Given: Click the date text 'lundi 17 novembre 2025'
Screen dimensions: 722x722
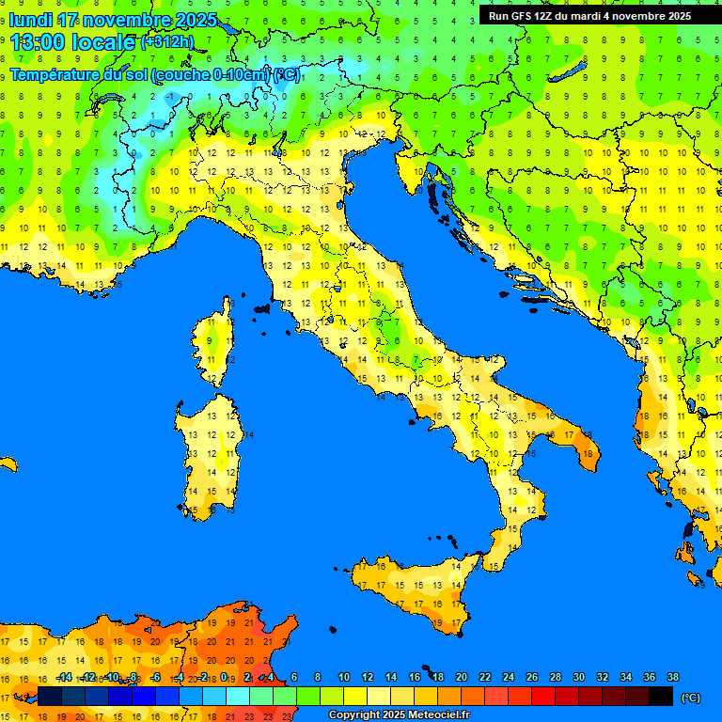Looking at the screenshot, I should (x=113, y=20).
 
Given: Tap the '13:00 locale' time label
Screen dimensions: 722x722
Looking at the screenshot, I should (x=71, y=41).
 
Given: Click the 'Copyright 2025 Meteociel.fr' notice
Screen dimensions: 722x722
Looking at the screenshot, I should (x=399, y=714).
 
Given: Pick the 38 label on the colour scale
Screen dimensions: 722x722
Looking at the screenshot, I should (x=672, y=677).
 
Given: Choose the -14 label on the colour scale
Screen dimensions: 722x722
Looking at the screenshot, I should (x=65, y=677).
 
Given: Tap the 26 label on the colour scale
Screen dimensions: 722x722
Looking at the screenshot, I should (x=532, y=677).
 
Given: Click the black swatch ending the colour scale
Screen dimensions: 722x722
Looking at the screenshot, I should (x=661, y=697).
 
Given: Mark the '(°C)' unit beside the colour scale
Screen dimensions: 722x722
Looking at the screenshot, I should (x=690, y=698).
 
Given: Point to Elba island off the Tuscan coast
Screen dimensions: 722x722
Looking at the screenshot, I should (x=262, y=307).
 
